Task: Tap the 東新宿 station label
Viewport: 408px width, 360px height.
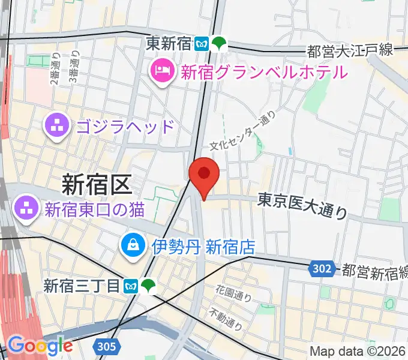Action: [170, 43]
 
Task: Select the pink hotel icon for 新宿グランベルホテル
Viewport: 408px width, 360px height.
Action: [163, 73]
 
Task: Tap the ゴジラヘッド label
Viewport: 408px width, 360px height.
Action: [125, 127]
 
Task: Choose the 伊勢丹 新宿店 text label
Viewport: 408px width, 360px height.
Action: [203, 246]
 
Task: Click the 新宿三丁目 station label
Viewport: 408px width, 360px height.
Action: [81, 286]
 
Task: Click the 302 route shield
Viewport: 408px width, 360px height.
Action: [322, 269]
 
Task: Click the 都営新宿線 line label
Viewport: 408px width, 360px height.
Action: [374, 271]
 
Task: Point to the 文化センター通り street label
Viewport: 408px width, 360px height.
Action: [243, 131]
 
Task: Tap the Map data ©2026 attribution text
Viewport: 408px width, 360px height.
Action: [358, 352]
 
